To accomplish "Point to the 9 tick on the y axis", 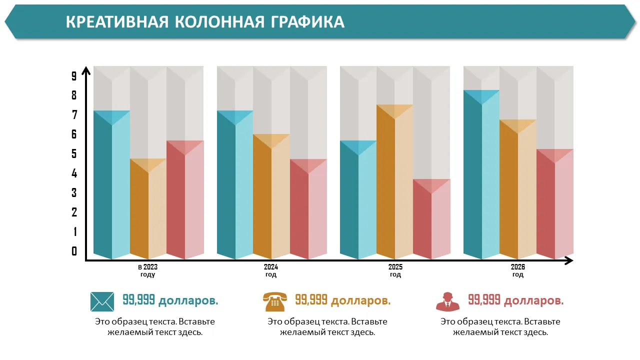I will click(74, 76).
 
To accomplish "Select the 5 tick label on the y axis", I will click(74, 154).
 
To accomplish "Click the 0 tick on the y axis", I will click(74, 251).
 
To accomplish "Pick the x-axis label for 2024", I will click(271, 271).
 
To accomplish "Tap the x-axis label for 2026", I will click(518, 271).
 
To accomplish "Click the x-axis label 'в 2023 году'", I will click(147, 271).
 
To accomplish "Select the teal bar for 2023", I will click(111, 190).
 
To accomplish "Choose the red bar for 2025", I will click(431, 222).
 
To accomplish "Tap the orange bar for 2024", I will click(271, 200).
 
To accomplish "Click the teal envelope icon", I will click(102, 301).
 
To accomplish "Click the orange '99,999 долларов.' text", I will click(342, 300).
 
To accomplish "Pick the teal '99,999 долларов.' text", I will click(170, 300).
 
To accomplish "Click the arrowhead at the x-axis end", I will click(568, 260).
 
